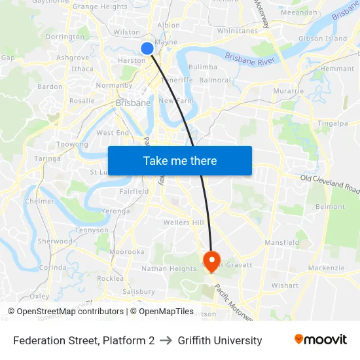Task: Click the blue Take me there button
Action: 180,160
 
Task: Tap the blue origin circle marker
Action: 147,48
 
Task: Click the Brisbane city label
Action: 133,103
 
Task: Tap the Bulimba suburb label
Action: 202,67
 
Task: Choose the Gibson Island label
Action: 323,39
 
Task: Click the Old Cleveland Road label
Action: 331,184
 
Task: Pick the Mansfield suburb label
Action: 282,242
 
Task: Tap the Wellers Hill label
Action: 184,223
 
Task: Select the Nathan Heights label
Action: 169,268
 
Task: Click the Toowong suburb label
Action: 73,144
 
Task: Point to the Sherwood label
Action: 54,241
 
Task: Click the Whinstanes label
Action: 237,31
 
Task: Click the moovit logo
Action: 320,340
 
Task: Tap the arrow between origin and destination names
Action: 166,340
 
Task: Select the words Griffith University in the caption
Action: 219,340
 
